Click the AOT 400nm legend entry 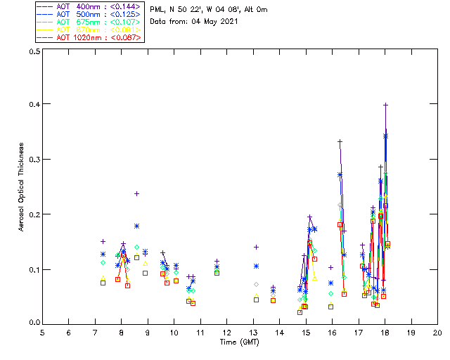pyautogui.click(x=89, y=6)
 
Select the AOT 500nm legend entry pyautogui.click(x=89, y=13)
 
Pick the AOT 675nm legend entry pyautogui.click(x=89, y=21)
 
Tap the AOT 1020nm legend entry pyautogui.click(x=89, y=37)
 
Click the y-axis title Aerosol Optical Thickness pyautogui.click(x=22, y=187)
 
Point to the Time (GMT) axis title pyautogui.click(x=240, y=342)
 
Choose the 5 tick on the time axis pyautogui.click(x=42, y=332)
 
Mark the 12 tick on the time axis pyautogui.click(x=226, y=332)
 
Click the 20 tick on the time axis pyautogui.click(x=437, y=332)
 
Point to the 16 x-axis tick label pyautogui.click(x=332, y=332)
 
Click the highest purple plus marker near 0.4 pyautogui.click(x=385, y=105)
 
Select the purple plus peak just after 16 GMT pyautogui.click(x=340, y=141)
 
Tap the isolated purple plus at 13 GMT pyautogui.click(x=256, y=247)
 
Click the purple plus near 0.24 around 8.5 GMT pyautogui.click(x=136, y=193)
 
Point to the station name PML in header pyautogui.click(x=157, y=10)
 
